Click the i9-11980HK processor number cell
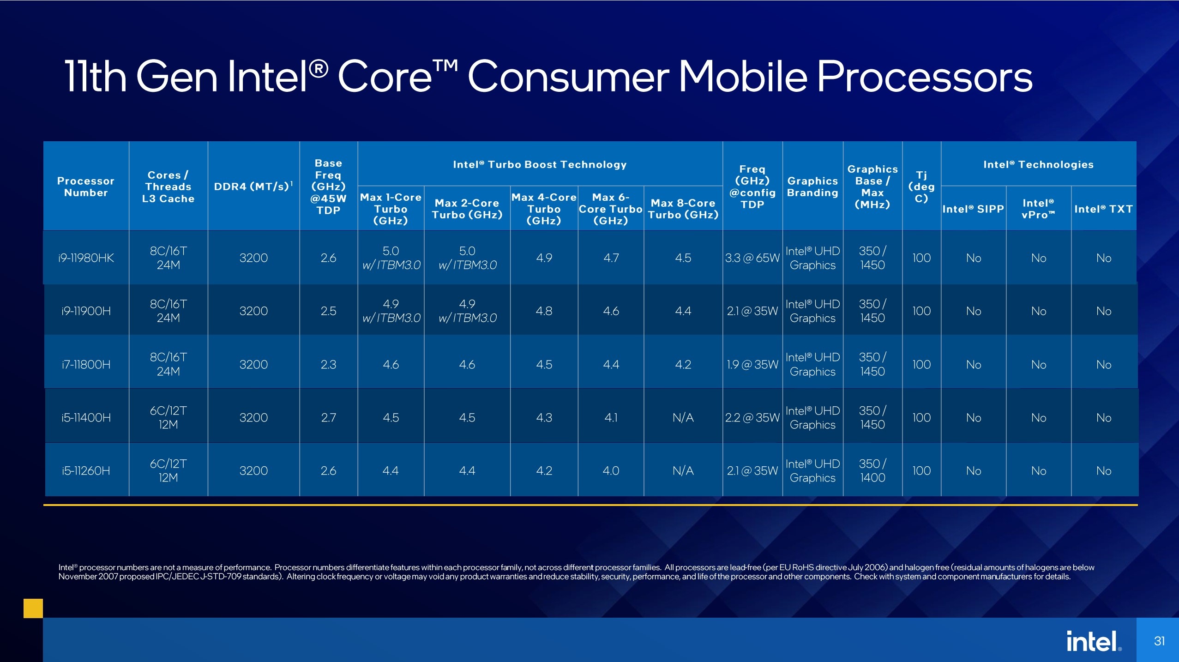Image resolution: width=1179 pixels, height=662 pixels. [86, 258]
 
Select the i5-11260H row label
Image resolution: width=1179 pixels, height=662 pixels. [86, 471]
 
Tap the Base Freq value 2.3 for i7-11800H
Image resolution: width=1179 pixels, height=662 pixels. [328, 365]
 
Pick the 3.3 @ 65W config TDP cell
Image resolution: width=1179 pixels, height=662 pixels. [752, 258]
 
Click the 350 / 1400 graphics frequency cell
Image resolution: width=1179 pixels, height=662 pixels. [872, 471]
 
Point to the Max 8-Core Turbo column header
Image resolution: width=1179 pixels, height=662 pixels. [683, 209]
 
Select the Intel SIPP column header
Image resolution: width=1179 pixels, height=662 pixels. [973, 209]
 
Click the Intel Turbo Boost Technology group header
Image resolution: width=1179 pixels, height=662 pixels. [540, 165]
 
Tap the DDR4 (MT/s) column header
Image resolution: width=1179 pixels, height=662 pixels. [253, 187]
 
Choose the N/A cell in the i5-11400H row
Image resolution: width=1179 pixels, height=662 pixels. [683, 418]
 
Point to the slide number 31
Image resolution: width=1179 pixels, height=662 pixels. [1159, 641]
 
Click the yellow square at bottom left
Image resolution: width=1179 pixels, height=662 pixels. [33, 608]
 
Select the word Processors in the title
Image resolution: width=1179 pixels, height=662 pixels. [924, 77]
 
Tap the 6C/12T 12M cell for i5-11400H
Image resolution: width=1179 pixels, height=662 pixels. [168, 418]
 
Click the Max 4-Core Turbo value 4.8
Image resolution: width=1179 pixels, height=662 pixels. [544, 311]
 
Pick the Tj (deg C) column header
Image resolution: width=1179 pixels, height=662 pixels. [921, 187]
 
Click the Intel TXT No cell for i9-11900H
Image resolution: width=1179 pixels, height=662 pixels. [1103, 311]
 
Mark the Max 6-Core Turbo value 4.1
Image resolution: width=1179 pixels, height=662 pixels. [611, 418]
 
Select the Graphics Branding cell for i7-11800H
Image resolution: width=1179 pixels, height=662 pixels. [812, 365]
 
